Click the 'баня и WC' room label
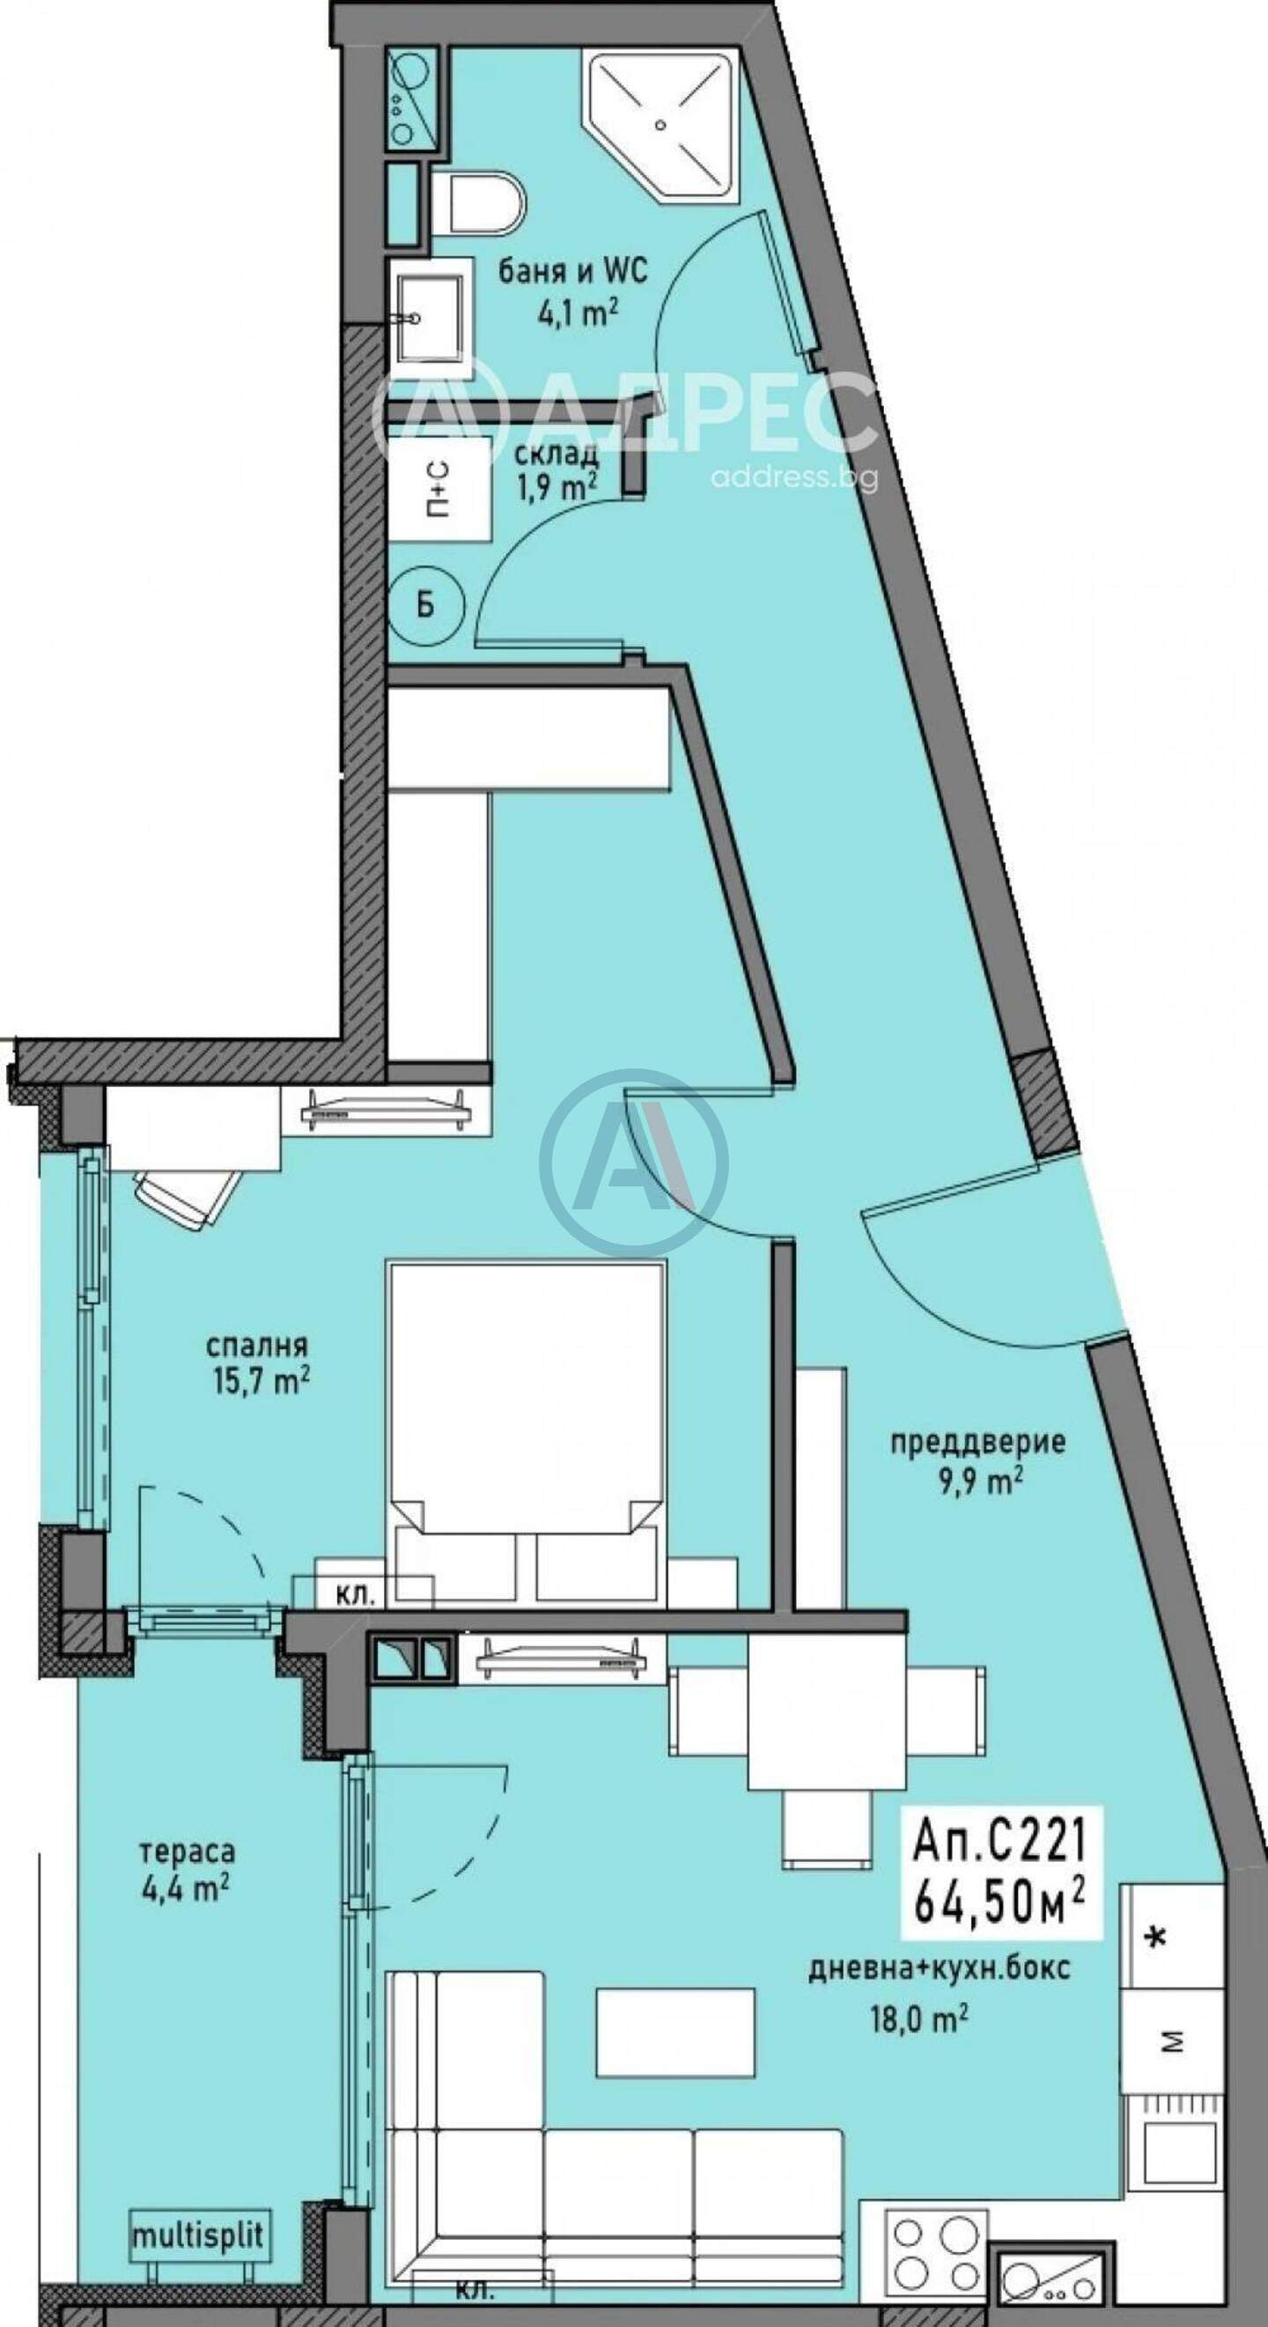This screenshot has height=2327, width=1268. [572, 271]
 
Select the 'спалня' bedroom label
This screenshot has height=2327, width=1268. [256, 1347]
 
